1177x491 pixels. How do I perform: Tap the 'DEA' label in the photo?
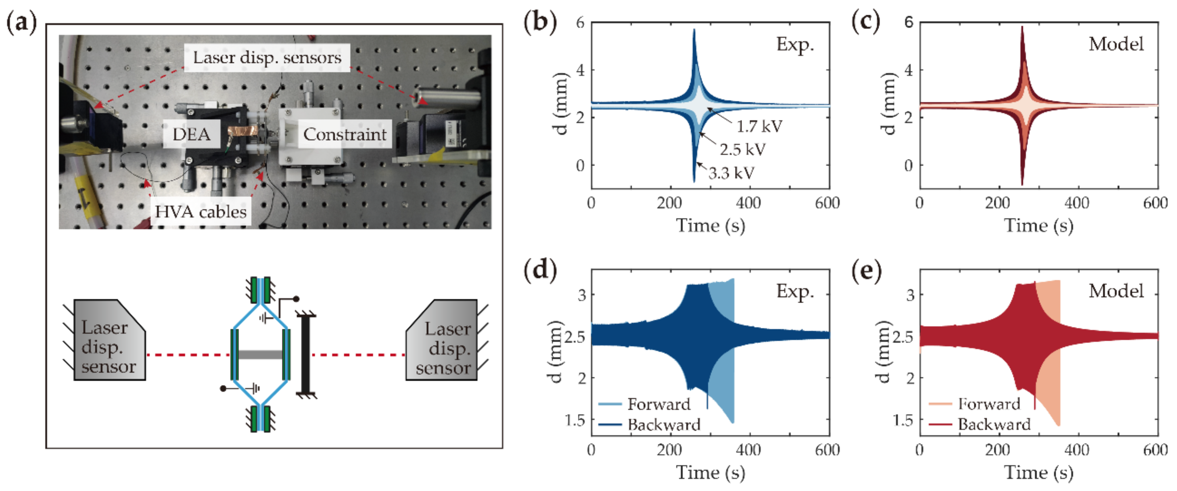pyautogui.click(x=192, y=134)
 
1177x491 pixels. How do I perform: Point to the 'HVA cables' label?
pyautogui.click(x=200, y=211)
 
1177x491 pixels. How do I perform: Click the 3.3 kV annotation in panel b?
pyautogui.click(x=731, y=173)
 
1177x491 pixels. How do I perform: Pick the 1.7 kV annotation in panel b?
pyautogui.click(x=759, y=126)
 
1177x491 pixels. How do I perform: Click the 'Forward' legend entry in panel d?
pyautogui.click(x=658, y=404)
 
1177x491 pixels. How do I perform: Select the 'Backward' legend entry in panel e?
pyautogui.click(x=994, y=424)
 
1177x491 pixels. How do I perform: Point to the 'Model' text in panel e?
pyautogui.click(x=1116, y=291)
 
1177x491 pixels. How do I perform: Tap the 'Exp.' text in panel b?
pyautogui.click(x=795, y=44)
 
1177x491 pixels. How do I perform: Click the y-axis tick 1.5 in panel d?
pyautogui.click(x=575, y=420)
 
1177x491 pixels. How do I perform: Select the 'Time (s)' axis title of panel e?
pyautogui.click(x=1038, y=473)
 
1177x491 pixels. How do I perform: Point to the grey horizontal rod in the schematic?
pyautogui.click(x=260, y=354)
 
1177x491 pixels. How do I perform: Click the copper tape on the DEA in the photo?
pyautogui.click(x=240, y=133)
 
